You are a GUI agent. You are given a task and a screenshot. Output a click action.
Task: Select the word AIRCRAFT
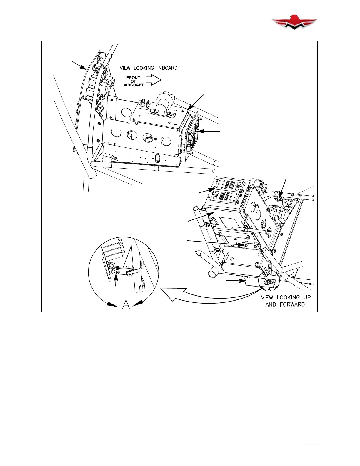(133, 85)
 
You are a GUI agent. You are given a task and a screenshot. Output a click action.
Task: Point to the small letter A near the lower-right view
(269, 289)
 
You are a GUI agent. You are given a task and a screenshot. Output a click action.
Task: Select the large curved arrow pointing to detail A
(206, 296)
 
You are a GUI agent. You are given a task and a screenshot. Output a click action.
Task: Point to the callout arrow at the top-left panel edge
(79, 65)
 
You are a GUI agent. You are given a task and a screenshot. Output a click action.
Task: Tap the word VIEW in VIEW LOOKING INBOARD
(125, 68)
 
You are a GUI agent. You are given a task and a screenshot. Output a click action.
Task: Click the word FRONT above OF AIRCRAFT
(133, 78)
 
